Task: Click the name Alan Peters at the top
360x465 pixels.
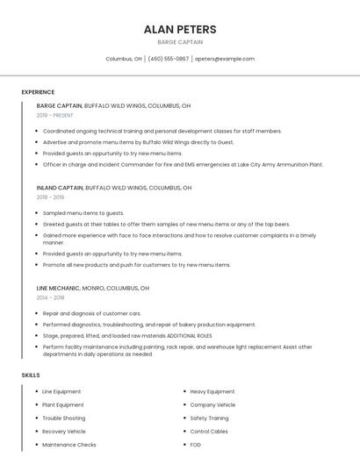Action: (x=180, y=29)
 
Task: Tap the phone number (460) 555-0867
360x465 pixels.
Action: (x=169, y=59)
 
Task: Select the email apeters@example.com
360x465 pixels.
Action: (x=225, y=59)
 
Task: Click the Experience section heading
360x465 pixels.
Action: (x=38, y=92)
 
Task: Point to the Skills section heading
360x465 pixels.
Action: (x=31, y=376)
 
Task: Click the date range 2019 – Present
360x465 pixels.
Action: (x=54, y=115)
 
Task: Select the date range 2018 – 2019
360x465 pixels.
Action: (x=50, y=197)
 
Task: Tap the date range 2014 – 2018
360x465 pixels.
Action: (x=50, y=297)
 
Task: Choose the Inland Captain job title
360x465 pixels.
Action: (x=60, y=188)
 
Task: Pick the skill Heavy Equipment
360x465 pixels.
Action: (x=212, y=391)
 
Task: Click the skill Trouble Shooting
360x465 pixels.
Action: (x=64, y=418)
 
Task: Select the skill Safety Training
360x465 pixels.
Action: (x=209, y=418)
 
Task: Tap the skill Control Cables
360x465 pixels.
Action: (x=209, y=432)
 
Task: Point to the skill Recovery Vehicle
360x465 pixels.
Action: (x=64, y=432)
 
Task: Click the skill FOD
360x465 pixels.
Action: (x=195, y=445)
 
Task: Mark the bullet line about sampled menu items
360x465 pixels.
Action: (x=83, y=213)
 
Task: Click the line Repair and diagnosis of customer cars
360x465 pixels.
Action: (x=91, y=313)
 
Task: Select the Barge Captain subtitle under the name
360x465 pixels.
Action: (x=180, y=42)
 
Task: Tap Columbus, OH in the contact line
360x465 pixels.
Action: (x=124, y=59)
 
